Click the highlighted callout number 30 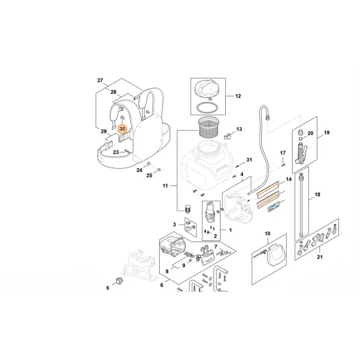coord(122,130)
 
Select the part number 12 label coord(238,96)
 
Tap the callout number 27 coord(101,81)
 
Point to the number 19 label coord(327,133)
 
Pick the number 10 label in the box coord(267,234)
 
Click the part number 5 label coord(108,287)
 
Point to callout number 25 coord(149,175)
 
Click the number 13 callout coord(238,130)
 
